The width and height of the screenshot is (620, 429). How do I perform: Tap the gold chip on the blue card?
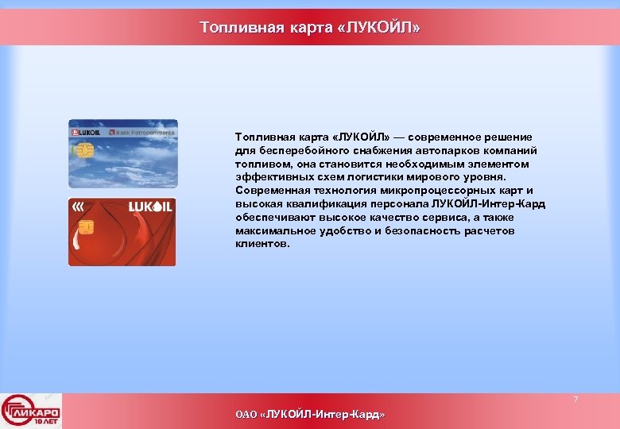[x=87, y=150]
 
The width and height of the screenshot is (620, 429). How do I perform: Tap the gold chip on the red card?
[x=86, y=227]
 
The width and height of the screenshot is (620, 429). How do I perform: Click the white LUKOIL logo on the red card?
[x=150, y=207]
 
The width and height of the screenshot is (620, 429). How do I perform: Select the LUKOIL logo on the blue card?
[x=86, y=131]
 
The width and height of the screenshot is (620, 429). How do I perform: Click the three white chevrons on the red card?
[x=78, y=207]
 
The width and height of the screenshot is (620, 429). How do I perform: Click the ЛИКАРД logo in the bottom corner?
[x=31, y=412]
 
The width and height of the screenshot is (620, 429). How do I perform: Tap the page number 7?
[x=576, y=399]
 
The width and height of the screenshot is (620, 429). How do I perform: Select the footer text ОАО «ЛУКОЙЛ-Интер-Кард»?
[x=310, y=415]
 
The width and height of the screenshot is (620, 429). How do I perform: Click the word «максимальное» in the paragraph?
[x=272, y=231]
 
